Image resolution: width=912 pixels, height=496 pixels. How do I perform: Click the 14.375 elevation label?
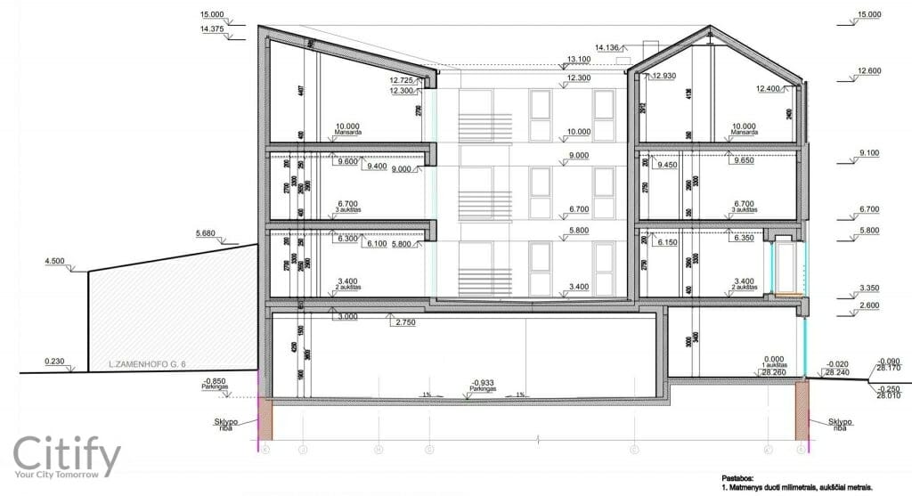point(214,29)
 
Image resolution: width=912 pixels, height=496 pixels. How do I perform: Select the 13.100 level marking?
point(579,60)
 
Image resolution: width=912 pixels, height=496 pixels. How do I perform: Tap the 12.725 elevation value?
point(403,80)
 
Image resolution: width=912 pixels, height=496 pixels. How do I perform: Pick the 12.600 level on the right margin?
point(868,71)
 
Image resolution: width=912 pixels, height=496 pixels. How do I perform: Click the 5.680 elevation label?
point(207,235)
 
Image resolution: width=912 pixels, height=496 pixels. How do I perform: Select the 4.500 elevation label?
point(56,262)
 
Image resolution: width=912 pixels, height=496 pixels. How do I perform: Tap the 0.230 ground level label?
point(56,362)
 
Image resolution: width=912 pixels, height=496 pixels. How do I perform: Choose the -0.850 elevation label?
point(215,379)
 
